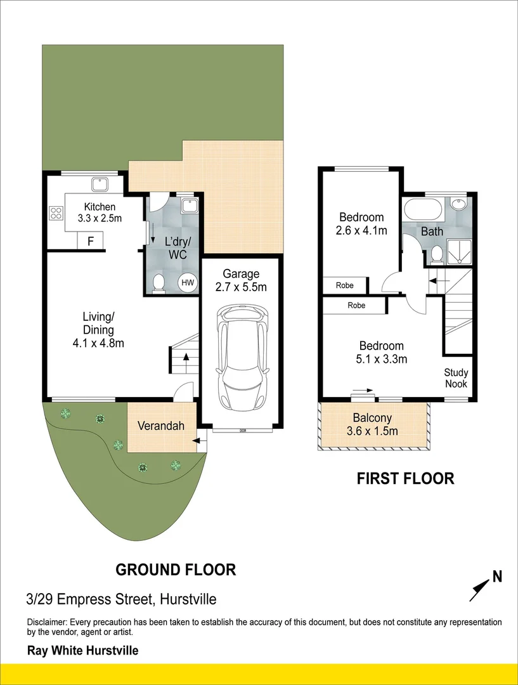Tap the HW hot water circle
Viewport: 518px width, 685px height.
(x=188, y=282)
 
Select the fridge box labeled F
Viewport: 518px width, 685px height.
(x=91, y=240)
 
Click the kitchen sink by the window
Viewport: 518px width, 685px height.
(x=100, y=185)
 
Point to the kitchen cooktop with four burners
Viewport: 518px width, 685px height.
(x=56, y=213)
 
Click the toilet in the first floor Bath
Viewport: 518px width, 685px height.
(x=436, y=254)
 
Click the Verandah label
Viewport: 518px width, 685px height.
(x=160, y=426)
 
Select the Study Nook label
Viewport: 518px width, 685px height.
(x=456, y=378)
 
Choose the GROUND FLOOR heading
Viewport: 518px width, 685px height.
(x=176, y=570)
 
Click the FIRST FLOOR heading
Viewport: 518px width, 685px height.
(x=405, y=478)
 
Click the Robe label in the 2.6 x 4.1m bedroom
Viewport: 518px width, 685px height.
(x=344, y=285)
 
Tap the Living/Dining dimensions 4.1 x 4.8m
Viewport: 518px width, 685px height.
(x=98, y=344)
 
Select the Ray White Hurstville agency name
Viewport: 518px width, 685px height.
(x=82, y=651)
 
